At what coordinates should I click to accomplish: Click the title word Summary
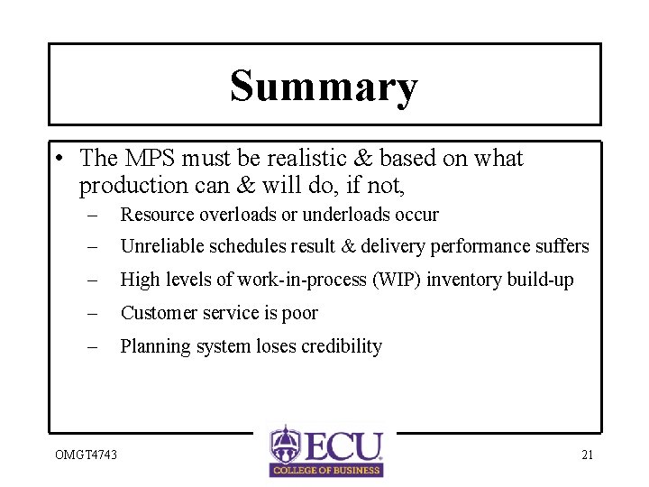tap(324, 87)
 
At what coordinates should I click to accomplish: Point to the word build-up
tap(539, 280)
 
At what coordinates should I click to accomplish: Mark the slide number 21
tap(587, 455)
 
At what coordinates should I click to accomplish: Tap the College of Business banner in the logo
tap(326, 469)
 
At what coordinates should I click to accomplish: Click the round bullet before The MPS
tap(58, 160)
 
